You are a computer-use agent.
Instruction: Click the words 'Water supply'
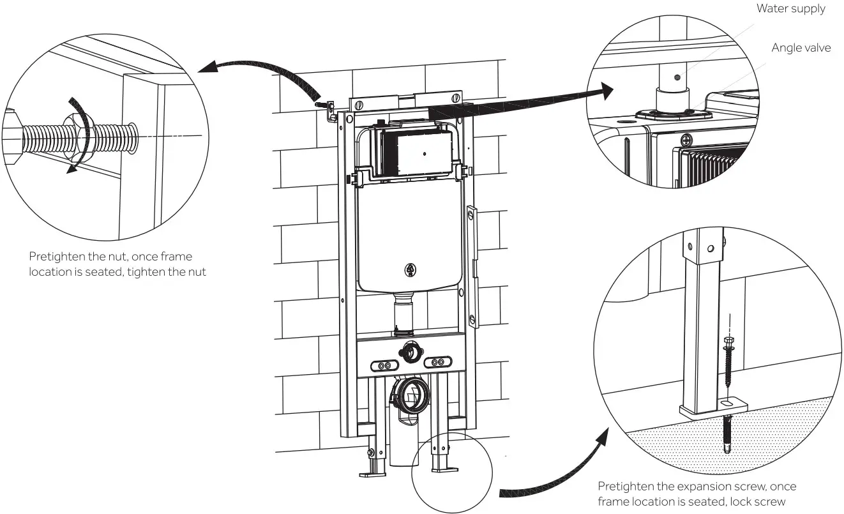coord(790,8)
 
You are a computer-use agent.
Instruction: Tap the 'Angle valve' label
coord(801,48)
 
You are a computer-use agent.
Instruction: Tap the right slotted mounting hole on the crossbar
coord(437,362)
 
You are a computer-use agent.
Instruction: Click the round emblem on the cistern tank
coord(409,270)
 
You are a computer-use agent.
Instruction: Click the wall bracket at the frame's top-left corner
coord(330,110)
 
